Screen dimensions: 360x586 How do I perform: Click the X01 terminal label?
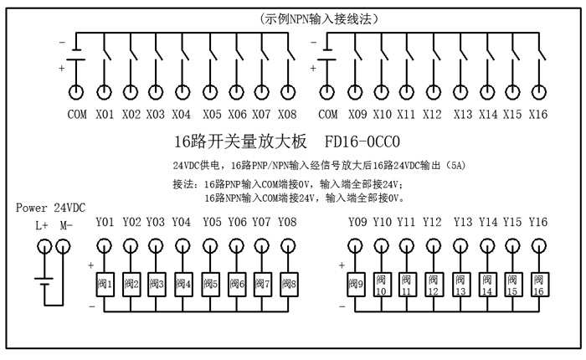click(104, 114)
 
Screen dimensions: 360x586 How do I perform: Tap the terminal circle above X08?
click(288, 92)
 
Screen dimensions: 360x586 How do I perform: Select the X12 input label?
click(433, 114)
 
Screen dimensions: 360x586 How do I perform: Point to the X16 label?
click(538, 114)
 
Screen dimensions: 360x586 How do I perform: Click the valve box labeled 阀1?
click(104, 284)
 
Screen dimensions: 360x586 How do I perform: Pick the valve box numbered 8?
click(288, 284)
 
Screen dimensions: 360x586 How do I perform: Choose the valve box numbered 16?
click(538, 285)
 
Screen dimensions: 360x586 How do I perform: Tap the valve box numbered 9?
click(355, 284)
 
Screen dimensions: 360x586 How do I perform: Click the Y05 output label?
click(212, 222)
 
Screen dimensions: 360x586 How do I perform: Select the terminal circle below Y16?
click(538, 245)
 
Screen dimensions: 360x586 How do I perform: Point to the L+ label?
click(42, 225)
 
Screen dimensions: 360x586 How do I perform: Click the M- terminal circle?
click(64, 245)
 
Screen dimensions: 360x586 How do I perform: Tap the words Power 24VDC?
click(50, 208)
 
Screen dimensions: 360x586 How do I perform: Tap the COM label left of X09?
click(329, 114)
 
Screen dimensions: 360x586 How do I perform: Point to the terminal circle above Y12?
click(433, 245)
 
